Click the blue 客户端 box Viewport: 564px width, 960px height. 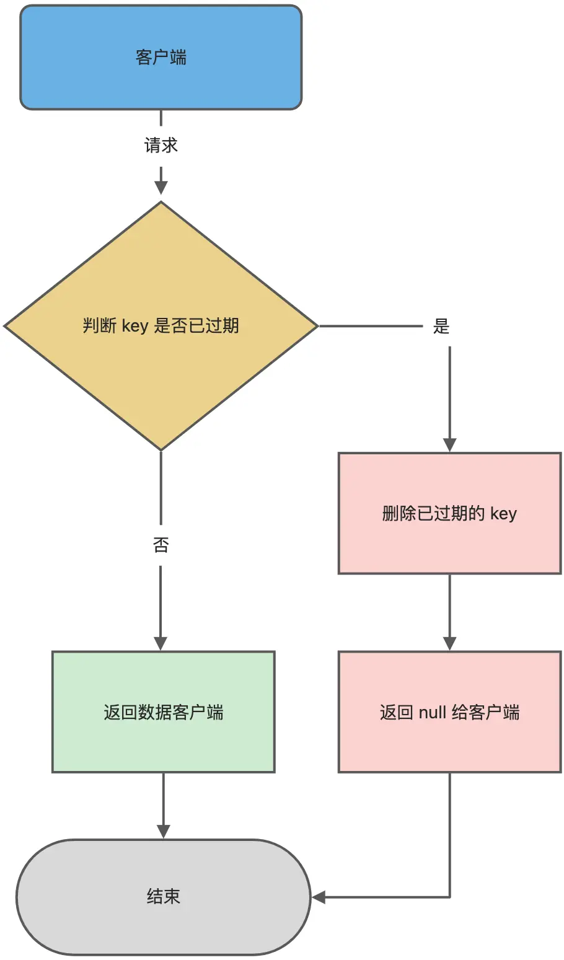(x=161, y=58)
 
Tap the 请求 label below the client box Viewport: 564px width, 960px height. (x=161, y=146)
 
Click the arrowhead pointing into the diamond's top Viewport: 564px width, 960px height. (x=161, y=188)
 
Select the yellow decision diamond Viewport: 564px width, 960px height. (x=161, y=372)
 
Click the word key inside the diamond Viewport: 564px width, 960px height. (x=135, y=326)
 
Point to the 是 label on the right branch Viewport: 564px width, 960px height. (x=441, y=326)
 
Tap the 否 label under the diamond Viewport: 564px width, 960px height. (x=161, y=545)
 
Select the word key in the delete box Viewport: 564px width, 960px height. (x=503, y=514)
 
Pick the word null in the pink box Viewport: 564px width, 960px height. (x=433, y=712)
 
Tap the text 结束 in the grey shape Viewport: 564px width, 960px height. (x=163, y=897)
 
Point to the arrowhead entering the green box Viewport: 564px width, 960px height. (x=161, y=643)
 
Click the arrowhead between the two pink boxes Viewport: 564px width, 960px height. (x=450, y=643)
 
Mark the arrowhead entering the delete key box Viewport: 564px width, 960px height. (x=450, y=445)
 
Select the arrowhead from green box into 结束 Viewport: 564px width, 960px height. (x=164, y=831)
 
